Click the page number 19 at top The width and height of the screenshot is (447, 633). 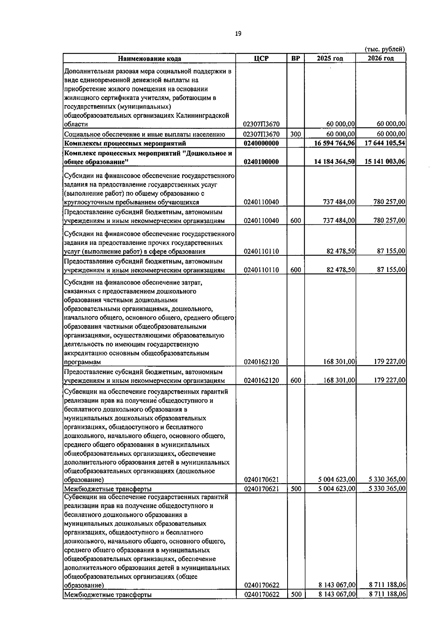tap(238, 34)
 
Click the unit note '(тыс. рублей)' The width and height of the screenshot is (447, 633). tap(384, 49)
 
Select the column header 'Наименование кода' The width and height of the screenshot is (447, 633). tap(150, 59)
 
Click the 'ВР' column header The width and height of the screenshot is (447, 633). tap(296, 59)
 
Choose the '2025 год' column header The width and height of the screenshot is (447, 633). tap(330, 59)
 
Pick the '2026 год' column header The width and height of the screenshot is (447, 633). tap(381, 59)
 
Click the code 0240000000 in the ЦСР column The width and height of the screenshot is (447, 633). tap(261, 144)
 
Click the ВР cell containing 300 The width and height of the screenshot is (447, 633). tap(296, 134)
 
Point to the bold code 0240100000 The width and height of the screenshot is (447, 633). tap(261, 162)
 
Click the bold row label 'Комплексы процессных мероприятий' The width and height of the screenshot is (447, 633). tap(125, 144)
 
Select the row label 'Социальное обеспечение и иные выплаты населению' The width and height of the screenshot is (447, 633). tap(145, 134)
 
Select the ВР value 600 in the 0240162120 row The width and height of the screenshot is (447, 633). tap(296, 381)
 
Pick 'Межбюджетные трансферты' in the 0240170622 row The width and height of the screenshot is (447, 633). tap(108, 595)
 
